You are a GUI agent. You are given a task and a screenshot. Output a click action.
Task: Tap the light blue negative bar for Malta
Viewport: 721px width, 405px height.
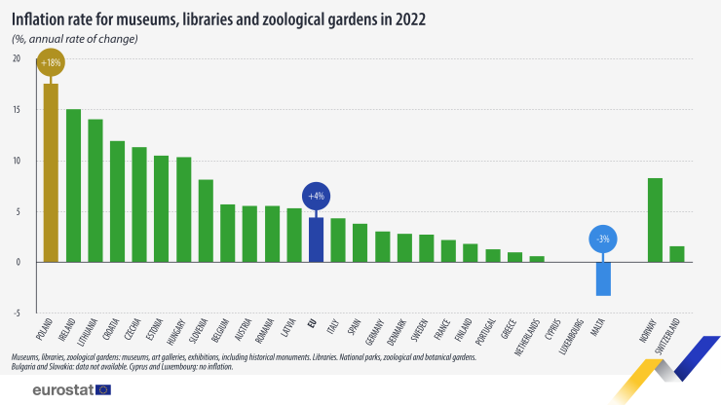coord(603,278)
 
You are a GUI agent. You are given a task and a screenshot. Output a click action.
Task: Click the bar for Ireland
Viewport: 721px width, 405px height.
coord(73,185)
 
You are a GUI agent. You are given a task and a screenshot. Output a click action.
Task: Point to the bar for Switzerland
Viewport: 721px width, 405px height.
coord(677,254)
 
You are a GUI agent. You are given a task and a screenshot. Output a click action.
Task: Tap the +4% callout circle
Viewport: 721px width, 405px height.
coord(316,196)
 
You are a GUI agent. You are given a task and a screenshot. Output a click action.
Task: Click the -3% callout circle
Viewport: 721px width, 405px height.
coord(603,239)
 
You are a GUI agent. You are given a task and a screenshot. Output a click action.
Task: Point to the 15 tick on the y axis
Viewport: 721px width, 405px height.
coord(16,109)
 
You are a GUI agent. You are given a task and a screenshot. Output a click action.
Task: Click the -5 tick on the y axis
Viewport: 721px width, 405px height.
coord(16,313)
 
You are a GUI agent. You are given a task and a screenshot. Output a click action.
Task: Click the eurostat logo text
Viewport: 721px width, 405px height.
coord(61,389)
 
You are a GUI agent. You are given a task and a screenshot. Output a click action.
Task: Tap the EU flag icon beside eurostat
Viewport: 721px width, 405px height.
coord(104,389)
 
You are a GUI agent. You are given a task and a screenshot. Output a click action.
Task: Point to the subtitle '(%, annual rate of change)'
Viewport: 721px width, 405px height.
coord(75,39)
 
